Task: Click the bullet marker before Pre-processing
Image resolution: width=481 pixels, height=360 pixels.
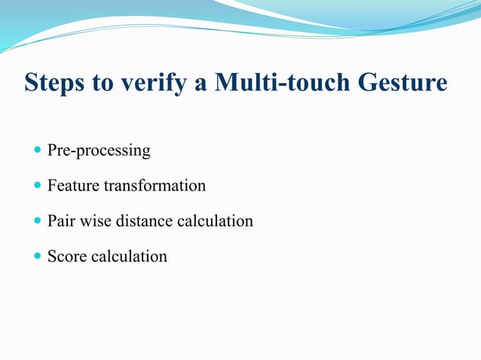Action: pos(38,151)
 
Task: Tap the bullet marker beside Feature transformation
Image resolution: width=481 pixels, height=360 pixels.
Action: pos(38,186)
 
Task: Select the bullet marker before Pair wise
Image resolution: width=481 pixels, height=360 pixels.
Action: pos(38,221)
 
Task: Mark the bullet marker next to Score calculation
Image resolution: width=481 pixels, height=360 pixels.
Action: pos(38,257)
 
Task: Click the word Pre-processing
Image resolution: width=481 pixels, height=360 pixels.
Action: pos(99,151)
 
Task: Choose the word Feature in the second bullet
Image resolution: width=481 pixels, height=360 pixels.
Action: pos(73,185)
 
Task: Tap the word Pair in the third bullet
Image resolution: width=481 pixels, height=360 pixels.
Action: pos(60,221)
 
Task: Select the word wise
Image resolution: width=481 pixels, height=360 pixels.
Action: pos(93,221)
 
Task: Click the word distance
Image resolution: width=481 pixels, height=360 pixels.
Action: pos(142,221)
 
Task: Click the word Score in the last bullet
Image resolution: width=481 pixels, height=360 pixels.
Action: pos(67,256)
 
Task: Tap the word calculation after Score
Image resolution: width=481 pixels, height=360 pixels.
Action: pos(129,256)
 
